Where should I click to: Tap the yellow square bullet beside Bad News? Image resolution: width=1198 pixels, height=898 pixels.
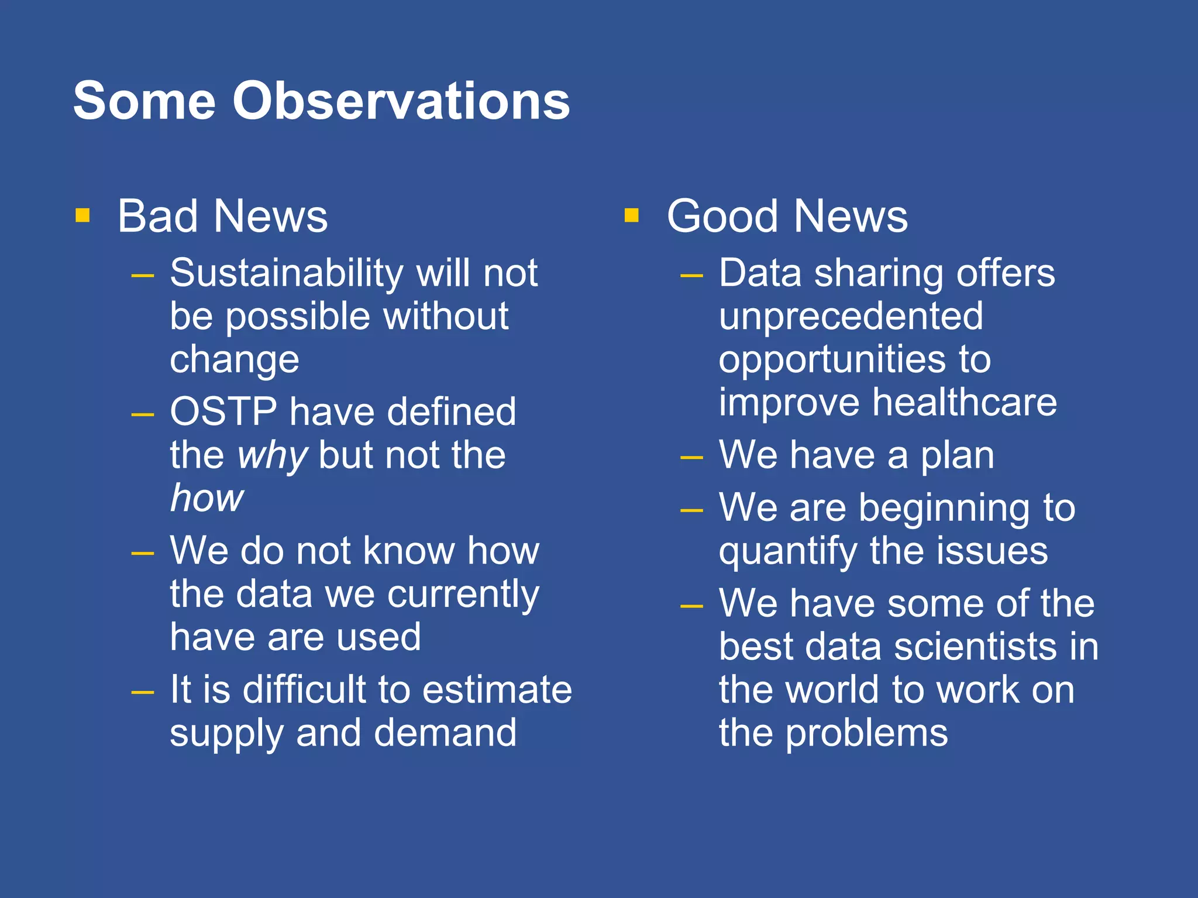point(82,216)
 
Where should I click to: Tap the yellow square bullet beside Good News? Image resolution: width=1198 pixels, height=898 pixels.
point(631,216)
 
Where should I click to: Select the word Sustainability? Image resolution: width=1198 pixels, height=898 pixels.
point(287,274)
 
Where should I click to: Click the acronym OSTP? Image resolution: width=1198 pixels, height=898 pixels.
point(223,412)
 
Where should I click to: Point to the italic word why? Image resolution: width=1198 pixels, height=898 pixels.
point(272,456)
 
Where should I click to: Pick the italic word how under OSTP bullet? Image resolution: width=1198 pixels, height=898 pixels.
point(206,499)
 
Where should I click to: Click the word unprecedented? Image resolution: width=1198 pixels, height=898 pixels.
point(851,316)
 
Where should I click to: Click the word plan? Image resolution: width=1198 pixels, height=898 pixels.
point(957,456)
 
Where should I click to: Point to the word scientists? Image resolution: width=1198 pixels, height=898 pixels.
point(976,647)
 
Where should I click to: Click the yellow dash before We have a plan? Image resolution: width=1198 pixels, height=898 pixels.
point(691,458)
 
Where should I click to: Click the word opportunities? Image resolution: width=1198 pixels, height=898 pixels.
point(831,360)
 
